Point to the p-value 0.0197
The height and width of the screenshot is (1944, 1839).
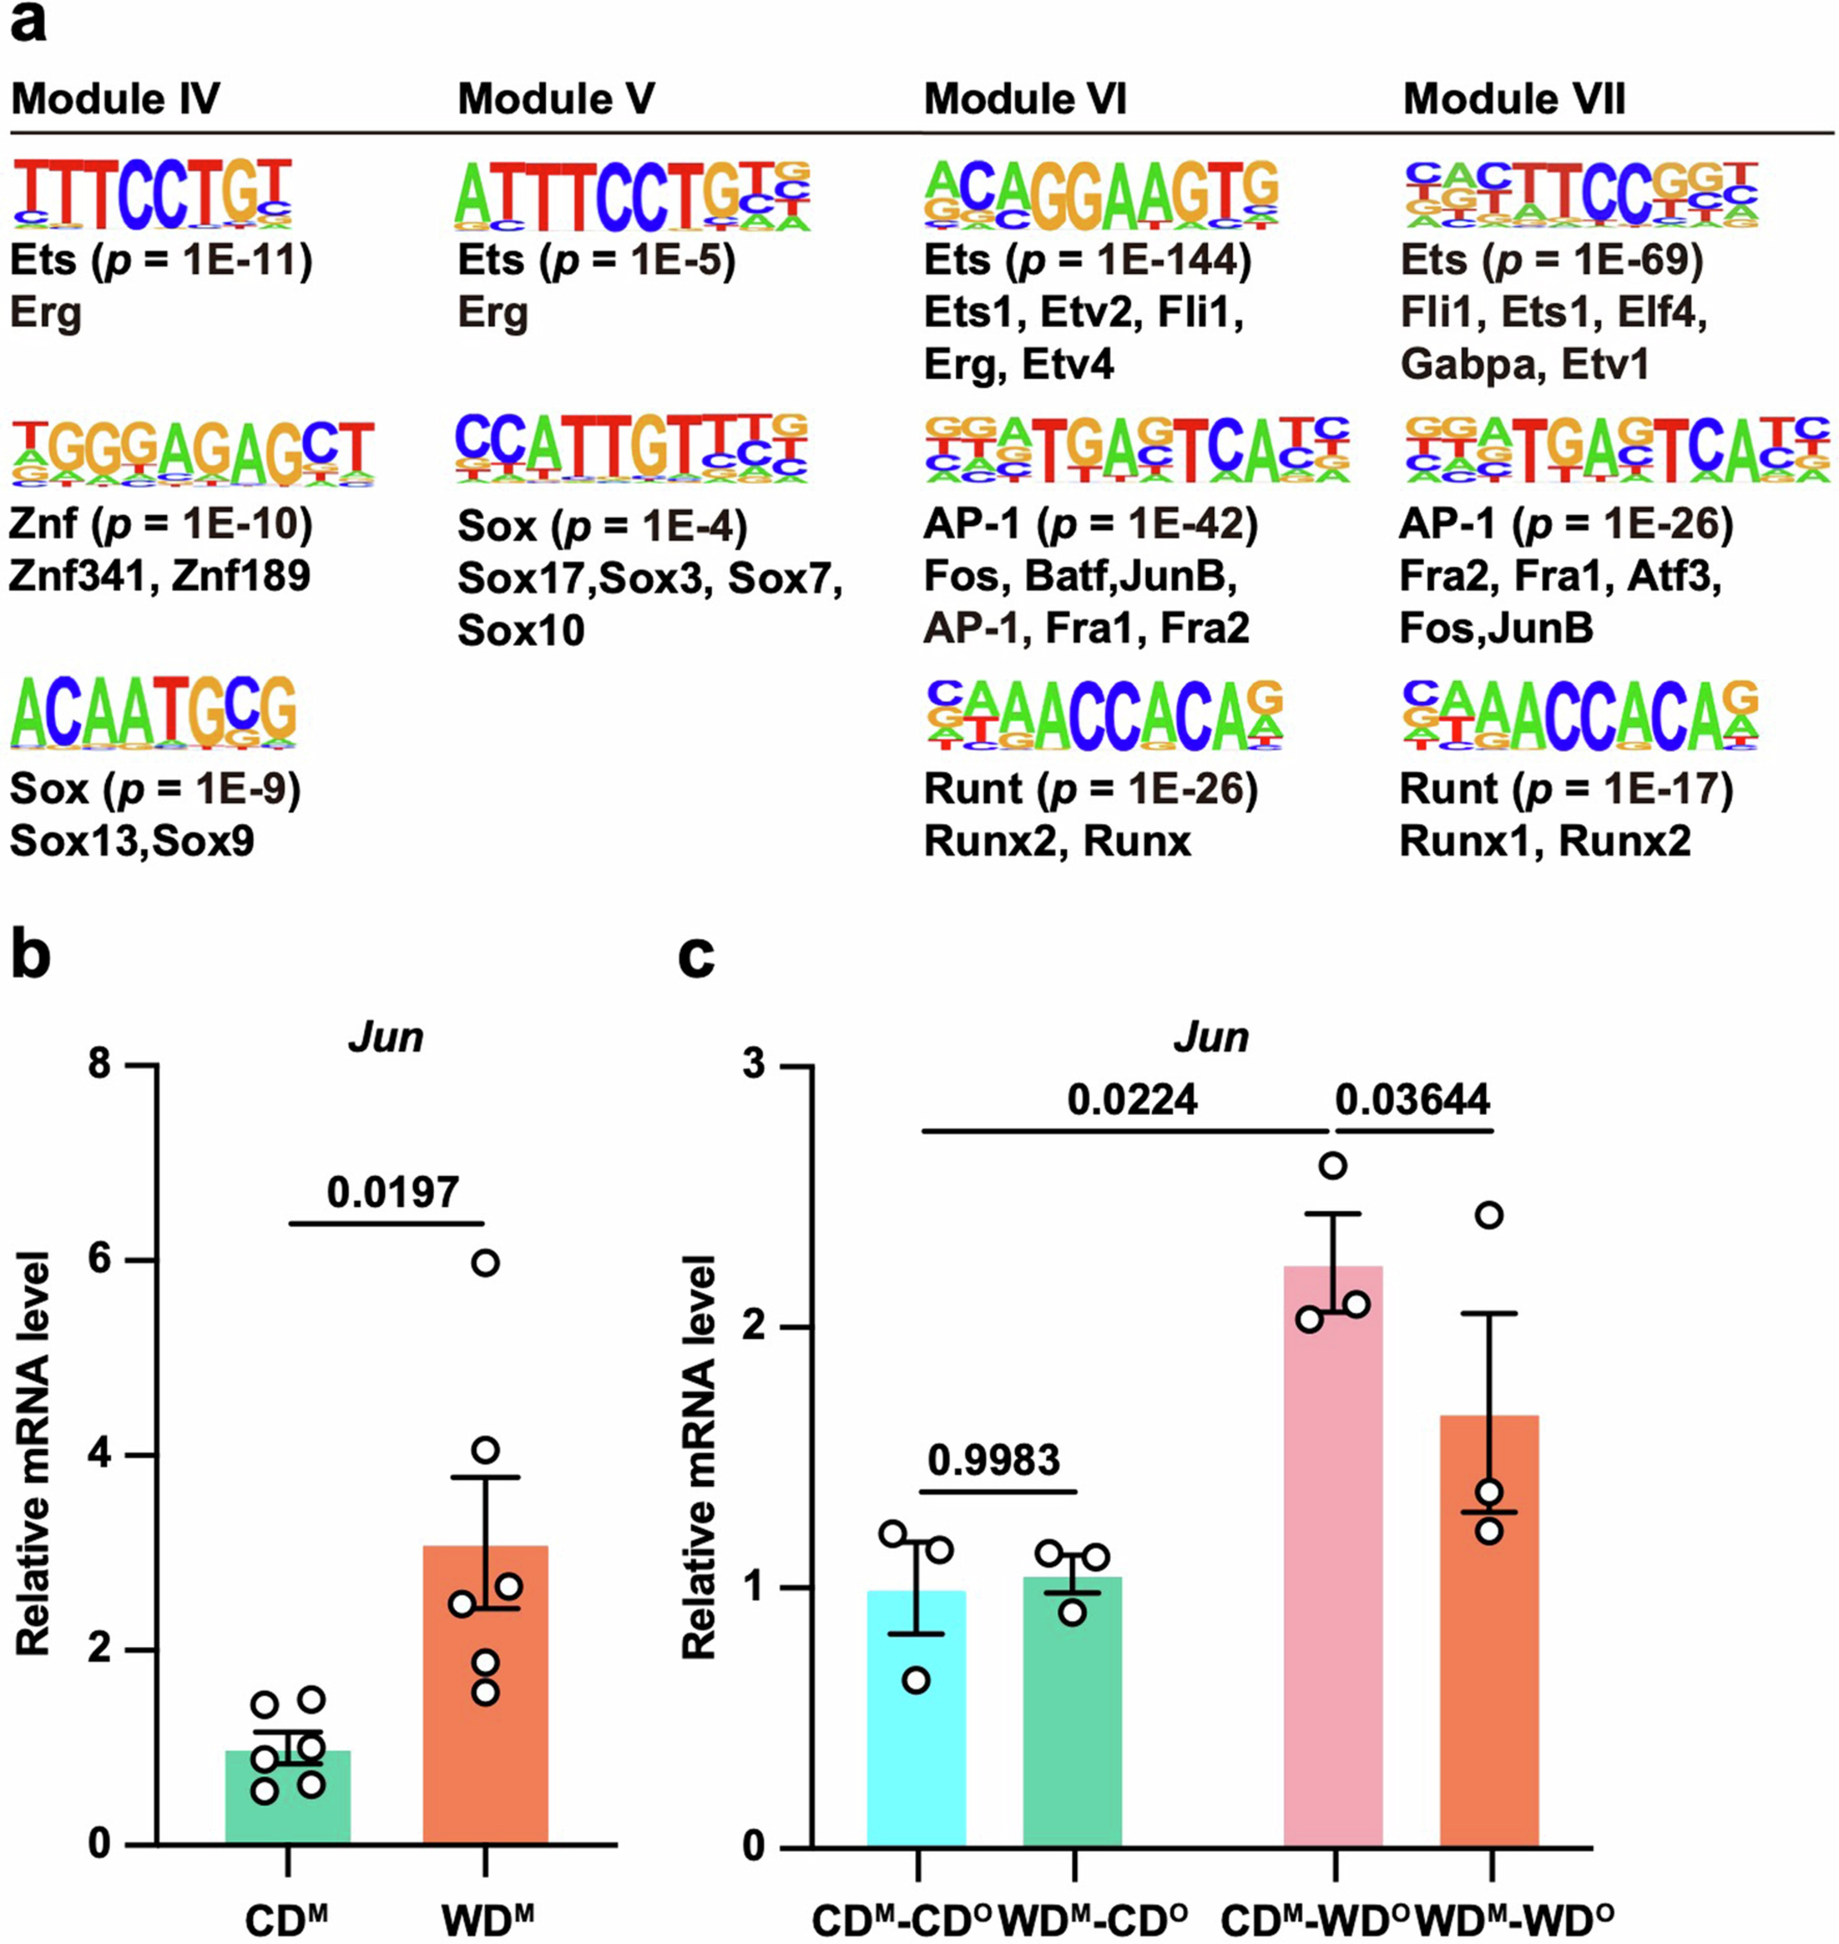click(392, 1192)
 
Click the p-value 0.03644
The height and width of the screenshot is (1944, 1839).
click(1412, 1100)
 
